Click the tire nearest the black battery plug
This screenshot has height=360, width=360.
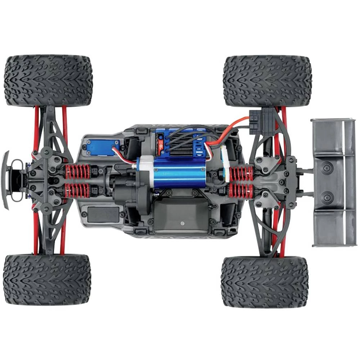click(x=267, y=81)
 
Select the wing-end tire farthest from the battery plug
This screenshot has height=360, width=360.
click(x=264, y=282)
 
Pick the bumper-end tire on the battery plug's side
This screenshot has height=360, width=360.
click(x=48, y=80)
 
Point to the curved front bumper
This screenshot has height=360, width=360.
click(x=5, y=180)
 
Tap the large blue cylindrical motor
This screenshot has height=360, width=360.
click(x=179, y=172)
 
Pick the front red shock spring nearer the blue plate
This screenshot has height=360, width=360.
click(x=77, y=172)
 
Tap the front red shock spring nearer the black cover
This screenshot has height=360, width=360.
click(x=77, y=190)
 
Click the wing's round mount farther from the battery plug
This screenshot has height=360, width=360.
click(x=327, y=197)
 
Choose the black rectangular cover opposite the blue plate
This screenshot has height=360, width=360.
click(x=102, y=214)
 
